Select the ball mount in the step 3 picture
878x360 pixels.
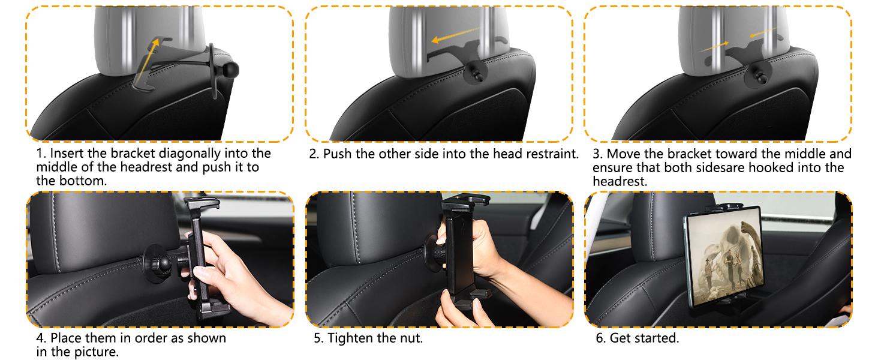tap(754, 76)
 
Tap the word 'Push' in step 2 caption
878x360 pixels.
tap(338, 154)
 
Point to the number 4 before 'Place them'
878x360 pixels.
tap(40, 338)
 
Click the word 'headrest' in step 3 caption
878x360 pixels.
tap(619, 181)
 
